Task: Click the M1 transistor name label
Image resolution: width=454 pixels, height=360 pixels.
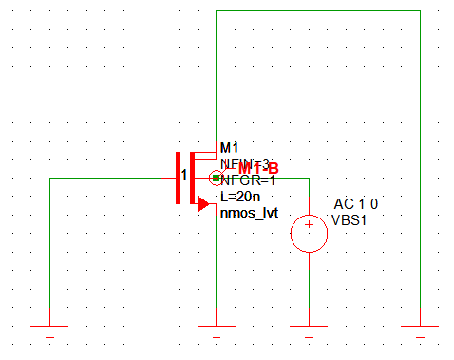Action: point(229,147)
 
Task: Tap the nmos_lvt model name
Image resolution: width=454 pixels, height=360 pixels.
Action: point(249,214)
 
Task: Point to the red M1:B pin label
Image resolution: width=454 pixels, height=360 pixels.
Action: point(257,168)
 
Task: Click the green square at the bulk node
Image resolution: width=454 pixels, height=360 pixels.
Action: point(217,178)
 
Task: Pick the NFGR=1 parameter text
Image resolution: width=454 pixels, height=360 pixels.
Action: point(249,180)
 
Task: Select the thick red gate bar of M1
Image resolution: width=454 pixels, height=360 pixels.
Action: point(178,178)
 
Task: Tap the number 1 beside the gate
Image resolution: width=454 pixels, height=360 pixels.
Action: point(185,175)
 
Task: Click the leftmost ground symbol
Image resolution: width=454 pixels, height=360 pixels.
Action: point(49,330)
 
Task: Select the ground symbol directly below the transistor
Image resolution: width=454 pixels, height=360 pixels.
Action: point(217,330)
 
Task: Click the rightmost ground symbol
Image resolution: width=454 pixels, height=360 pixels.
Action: point(420,330)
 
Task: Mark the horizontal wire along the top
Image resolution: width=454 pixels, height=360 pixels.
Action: point(318,11)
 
